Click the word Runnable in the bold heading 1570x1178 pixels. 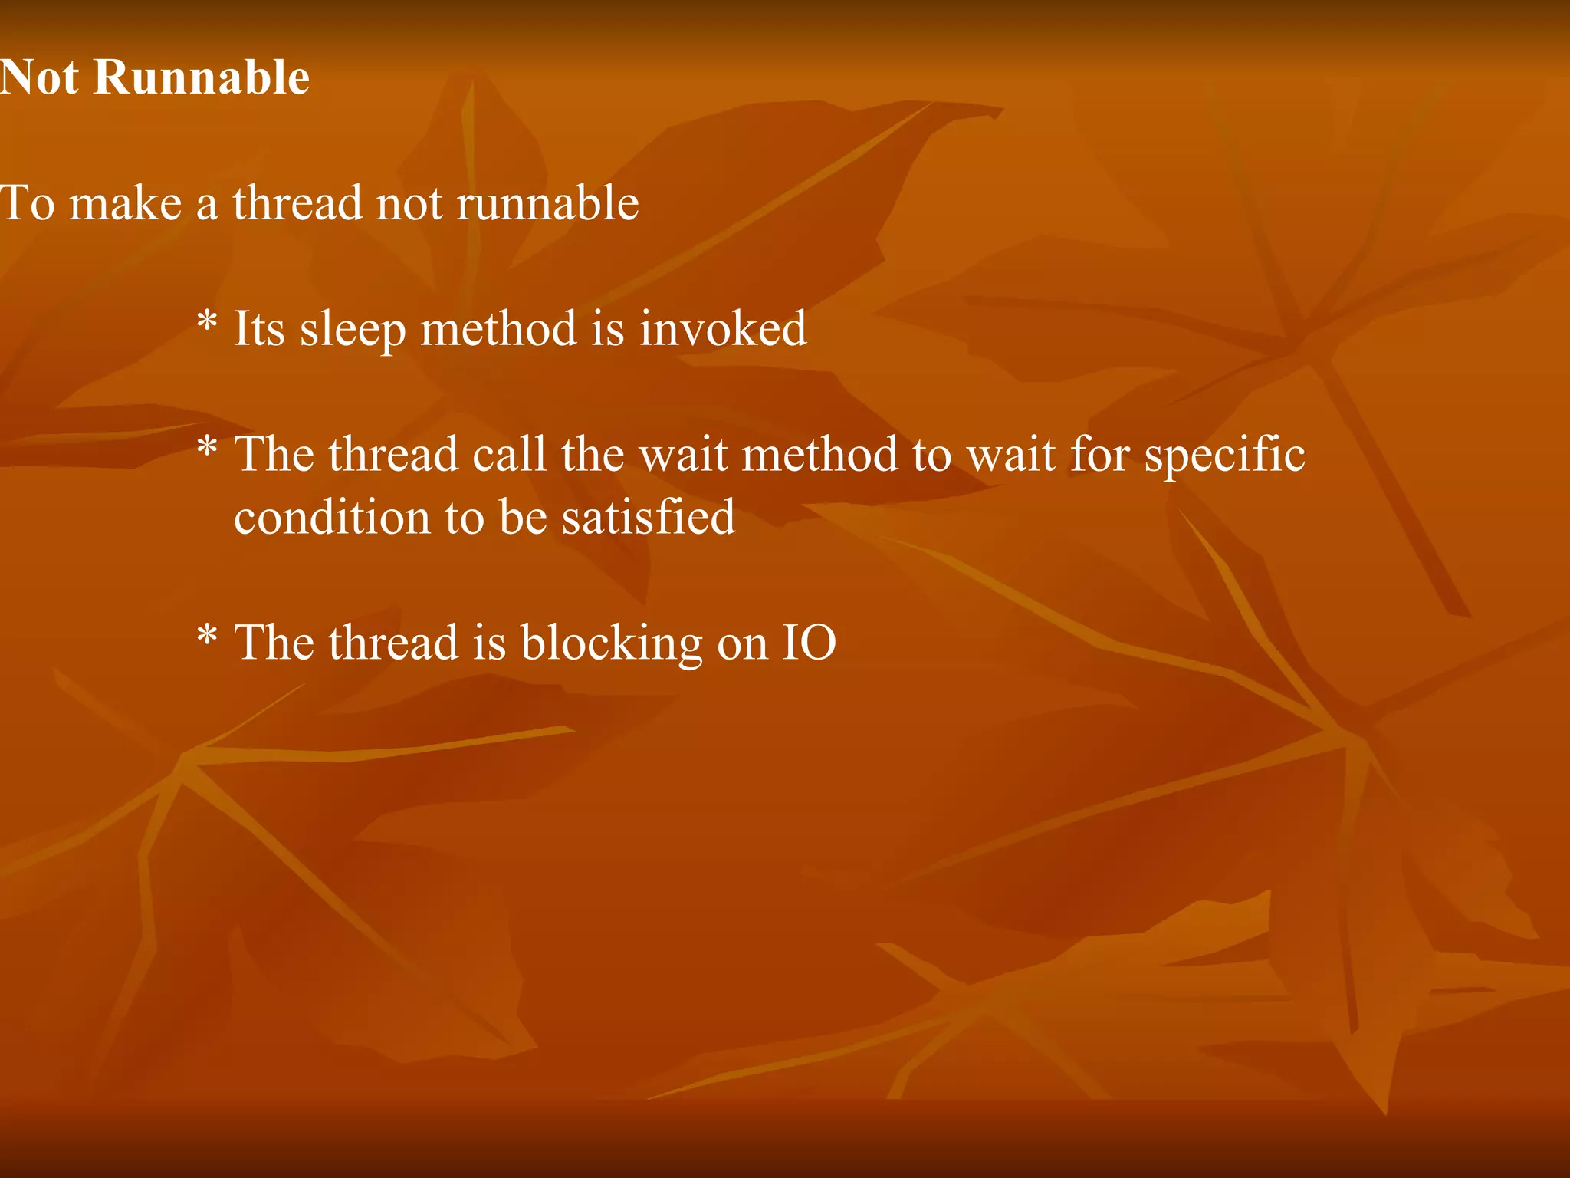pyautogui.click(x=202, y=77)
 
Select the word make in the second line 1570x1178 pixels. pyautogui.click(x=125, y=203)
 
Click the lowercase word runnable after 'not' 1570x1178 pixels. pyautogui.click(x=547, y=203)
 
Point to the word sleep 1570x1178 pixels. pyautogui.click(x=353, y=330)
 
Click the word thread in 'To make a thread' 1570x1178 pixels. pyautogui.click(x=297, y=203)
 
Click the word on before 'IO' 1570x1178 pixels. pyautogui.click(x=742, y=644)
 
